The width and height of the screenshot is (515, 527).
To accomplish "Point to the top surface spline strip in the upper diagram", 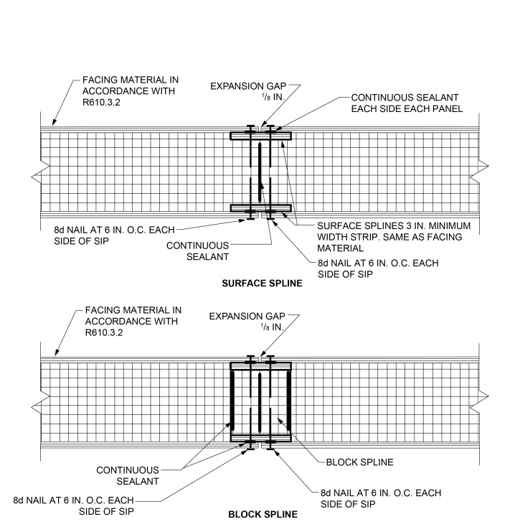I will (x=260, y=135).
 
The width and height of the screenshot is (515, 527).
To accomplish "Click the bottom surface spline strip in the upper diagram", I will (x=260, y=208).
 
